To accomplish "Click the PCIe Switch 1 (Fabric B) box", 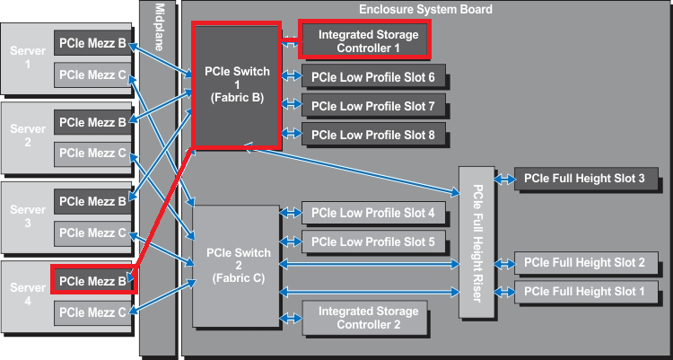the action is coord(237,85).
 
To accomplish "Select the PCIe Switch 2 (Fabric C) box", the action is coord(237,266).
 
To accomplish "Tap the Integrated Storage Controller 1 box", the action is coord(364,40).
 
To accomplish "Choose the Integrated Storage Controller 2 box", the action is coord(365,318).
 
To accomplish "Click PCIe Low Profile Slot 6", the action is coord(373,77).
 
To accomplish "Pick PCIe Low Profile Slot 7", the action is coord(373,106).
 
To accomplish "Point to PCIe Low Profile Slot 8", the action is coord(373,135).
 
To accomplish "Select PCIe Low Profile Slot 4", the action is coord(373,213).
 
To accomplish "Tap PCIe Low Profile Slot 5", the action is coord(373,241).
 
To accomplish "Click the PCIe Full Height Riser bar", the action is coord(476,242).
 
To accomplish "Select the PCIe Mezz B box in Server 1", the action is coord(92,43).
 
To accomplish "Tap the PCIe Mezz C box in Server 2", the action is coord(92,154).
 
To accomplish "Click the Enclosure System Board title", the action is coord(425,9).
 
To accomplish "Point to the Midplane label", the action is coord(159,27).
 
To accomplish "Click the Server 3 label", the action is coord(28,216).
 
